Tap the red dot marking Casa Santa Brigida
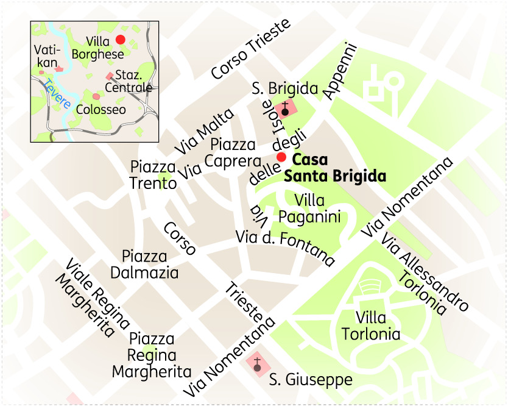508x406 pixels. coord(281,157)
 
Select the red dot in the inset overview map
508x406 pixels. coord(120,40)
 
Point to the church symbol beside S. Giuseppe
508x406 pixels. coord(257,365)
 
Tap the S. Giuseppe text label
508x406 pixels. coord(311,380)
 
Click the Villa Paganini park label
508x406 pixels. coord(309,208)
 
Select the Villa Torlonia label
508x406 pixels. coord(370,326)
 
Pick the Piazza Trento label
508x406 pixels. coord(153,175)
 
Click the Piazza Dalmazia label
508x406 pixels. coord(150,264)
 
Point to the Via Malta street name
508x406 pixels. coord(204,132)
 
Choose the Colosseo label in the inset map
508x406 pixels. coord(101,110)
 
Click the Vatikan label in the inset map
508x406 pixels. coord(46,56)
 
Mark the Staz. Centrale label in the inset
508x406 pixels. coord(129,81)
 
